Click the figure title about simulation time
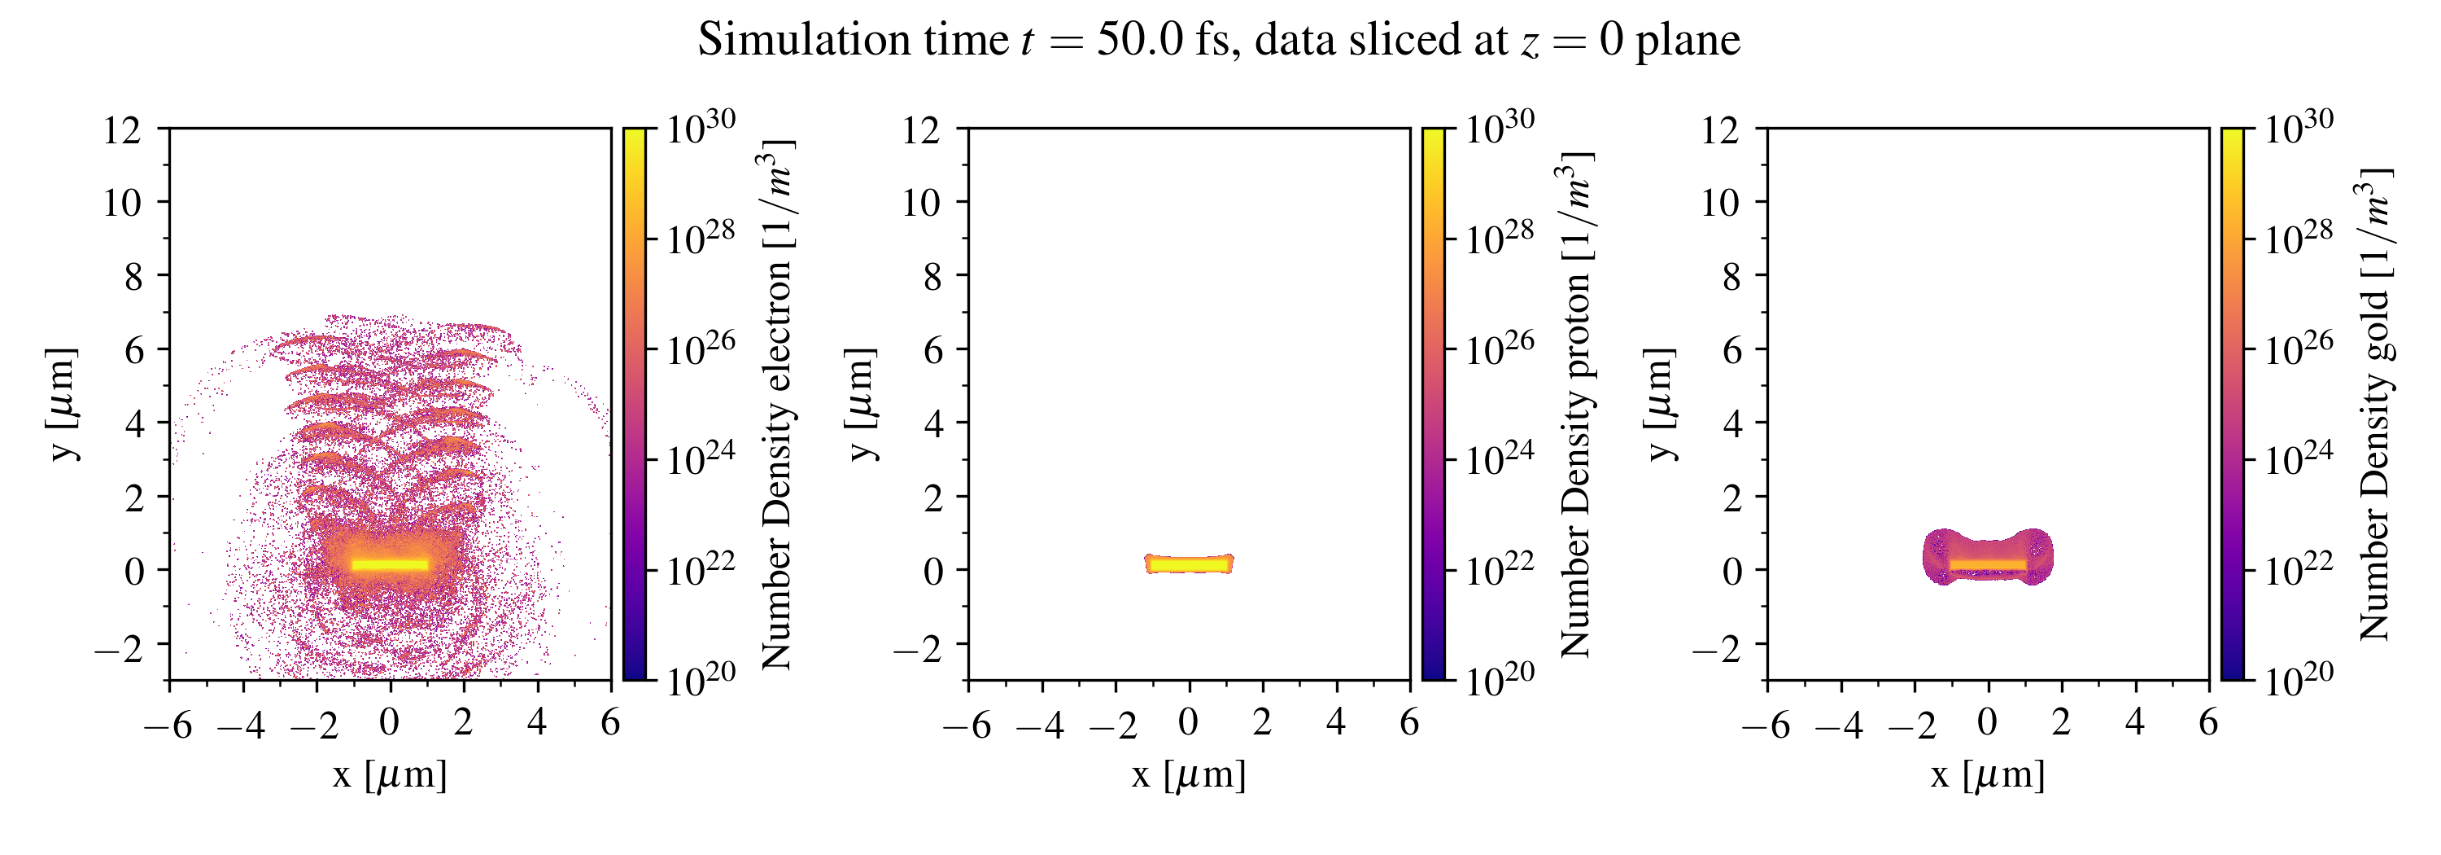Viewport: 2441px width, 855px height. click(1219, 40)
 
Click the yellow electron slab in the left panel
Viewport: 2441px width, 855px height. click(390, 565)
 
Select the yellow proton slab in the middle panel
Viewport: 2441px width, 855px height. click(1190, 564)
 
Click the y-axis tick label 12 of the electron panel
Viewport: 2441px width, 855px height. click(122, 129)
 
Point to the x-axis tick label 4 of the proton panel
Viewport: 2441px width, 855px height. click(1335, 723)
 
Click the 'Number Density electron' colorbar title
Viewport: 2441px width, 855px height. click(777, 404)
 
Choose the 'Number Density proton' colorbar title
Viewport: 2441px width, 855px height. click(1576, 404)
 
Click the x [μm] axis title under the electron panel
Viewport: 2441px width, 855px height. click(390, 775)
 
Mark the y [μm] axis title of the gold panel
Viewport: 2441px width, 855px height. click(1660, 404)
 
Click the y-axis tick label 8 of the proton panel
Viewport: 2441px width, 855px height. click(932, 276)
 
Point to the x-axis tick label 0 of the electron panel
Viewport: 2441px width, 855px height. click(388, 723)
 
